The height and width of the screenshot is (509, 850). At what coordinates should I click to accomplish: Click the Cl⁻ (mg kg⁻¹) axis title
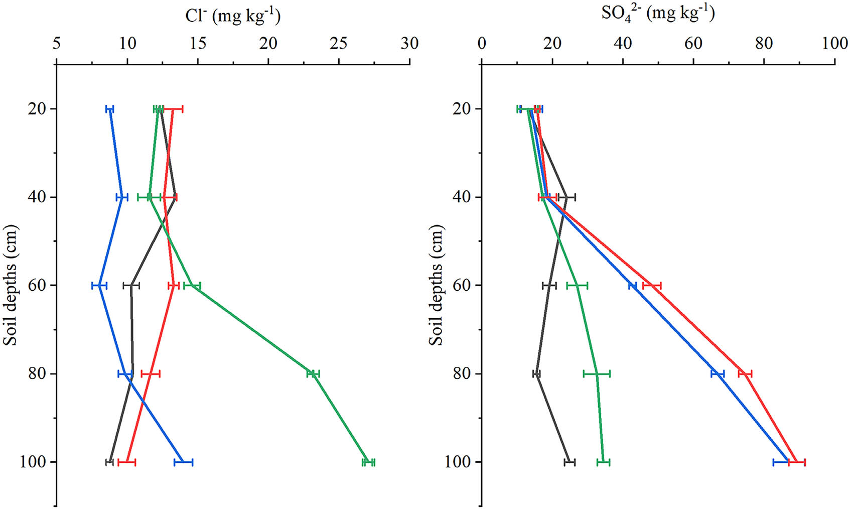[233, 16]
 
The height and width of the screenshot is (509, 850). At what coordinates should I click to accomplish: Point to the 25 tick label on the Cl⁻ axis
[339, 44]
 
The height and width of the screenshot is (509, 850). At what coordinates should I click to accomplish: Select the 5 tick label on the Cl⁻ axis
[57, 44]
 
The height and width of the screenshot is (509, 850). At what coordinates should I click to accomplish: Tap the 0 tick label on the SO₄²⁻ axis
[482, 44]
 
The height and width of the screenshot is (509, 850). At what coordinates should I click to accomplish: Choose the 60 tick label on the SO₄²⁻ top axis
[693, 44]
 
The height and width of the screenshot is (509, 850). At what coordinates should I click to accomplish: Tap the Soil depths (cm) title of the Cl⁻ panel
[11, 285]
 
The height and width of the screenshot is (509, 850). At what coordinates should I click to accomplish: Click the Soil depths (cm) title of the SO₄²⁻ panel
[437, 285]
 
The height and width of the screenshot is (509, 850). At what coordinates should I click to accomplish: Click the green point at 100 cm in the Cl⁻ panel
[369, 462]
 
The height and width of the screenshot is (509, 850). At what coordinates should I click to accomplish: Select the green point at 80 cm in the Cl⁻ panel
[313, 374]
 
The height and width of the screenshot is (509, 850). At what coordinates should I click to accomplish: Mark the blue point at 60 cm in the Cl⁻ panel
[99, 286]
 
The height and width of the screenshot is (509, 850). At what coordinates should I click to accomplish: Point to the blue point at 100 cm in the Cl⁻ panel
[184, 462]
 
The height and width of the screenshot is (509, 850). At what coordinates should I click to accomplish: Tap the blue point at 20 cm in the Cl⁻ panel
[110, 109]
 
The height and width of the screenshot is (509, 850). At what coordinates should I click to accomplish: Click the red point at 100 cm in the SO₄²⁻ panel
[797, 462]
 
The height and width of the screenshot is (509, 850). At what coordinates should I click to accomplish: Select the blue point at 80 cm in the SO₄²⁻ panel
[718, 374]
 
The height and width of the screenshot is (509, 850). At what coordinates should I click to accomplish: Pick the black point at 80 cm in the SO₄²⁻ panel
[536, 374]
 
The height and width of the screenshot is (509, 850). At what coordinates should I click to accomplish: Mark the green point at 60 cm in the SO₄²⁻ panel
[577, 286]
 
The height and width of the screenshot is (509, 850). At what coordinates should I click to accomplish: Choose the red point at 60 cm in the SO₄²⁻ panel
[652, 286]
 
